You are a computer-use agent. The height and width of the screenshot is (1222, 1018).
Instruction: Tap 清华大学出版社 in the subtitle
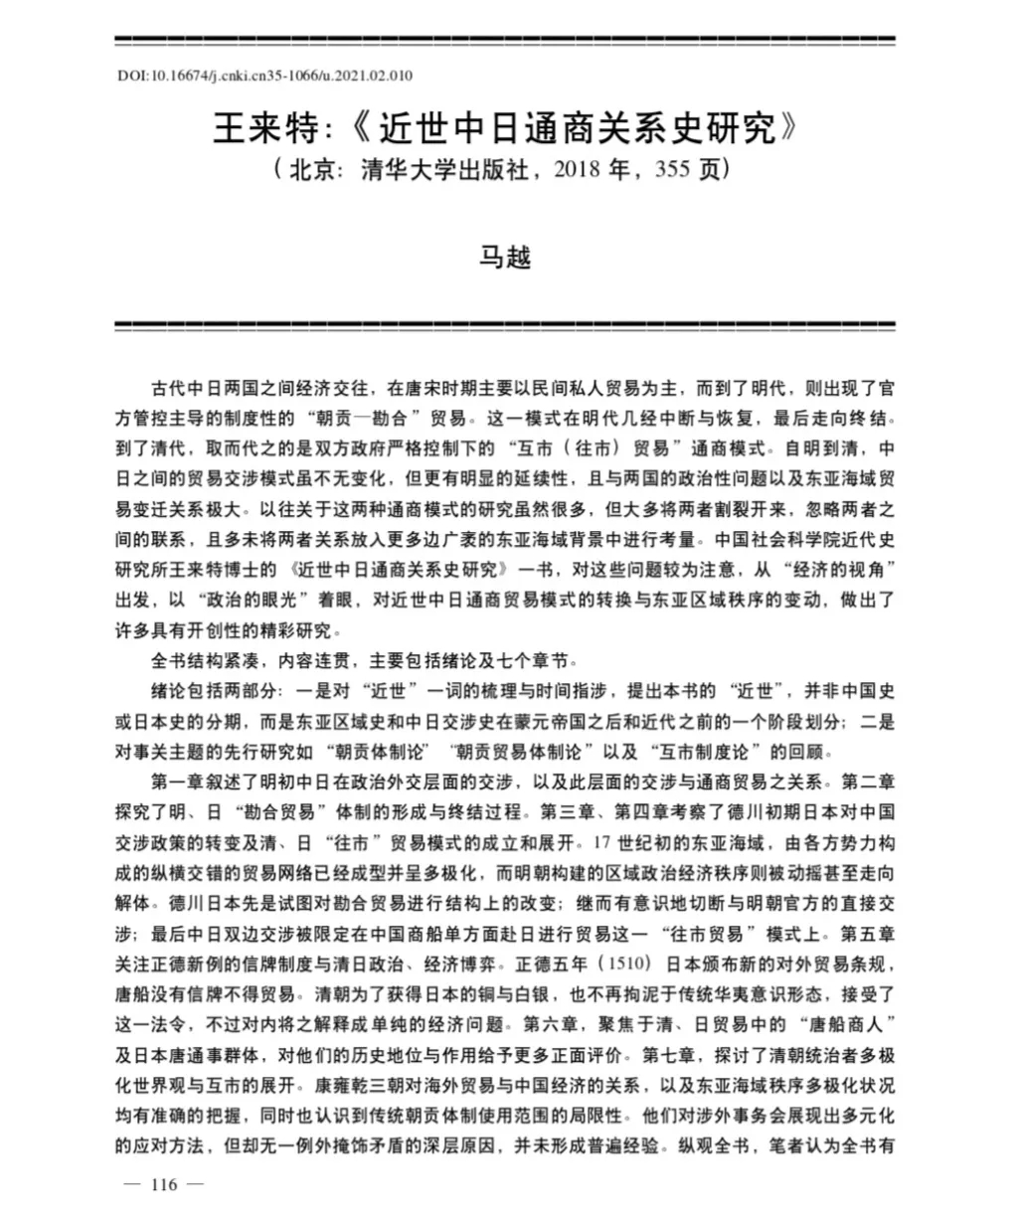(445, 170)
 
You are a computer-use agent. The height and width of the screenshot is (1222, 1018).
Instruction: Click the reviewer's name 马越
(507, 257)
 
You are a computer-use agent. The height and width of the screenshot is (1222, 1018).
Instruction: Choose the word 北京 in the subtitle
(314, 170)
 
